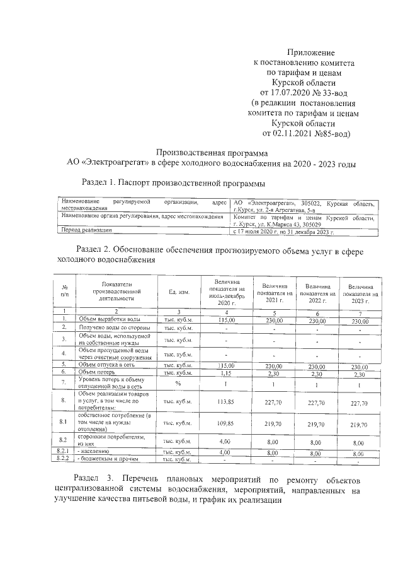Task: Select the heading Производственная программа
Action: tap(212, 153)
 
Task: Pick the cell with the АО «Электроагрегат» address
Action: tap(305, 205)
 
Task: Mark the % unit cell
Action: tap(179, 383)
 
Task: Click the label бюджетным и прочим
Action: tap(107, 460)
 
